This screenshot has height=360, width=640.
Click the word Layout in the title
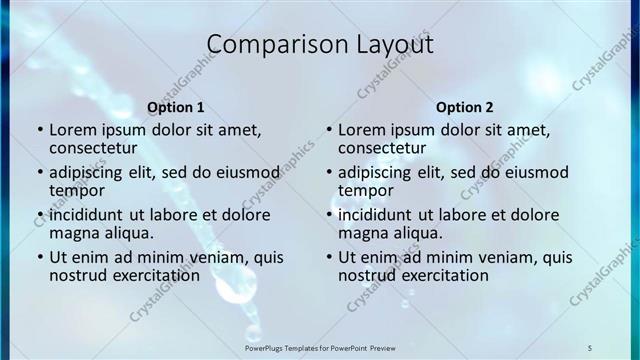388,45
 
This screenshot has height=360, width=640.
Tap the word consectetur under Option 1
97,147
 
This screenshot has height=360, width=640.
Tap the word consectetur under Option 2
386,147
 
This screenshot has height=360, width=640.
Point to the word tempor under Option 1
78,190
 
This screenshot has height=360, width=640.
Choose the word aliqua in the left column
125,233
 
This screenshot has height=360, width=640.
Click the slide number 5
590,347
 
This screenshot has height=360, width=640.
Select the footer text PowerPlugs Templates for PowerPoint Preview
320,347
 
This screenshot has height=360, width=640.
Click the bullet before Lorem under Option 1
39,130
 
